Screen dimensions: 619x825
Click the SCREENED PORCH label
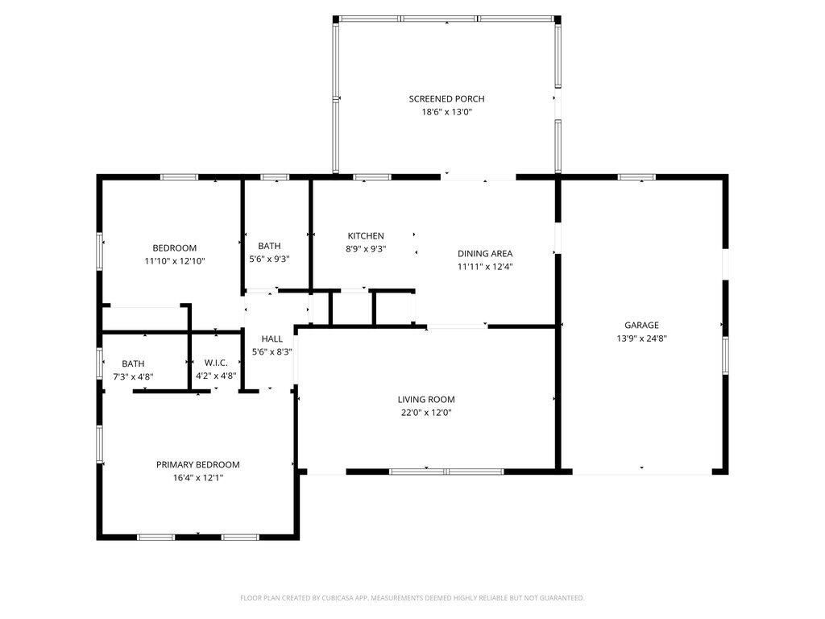(446, 99)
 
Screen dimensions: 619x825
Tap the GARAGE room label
(641, 326)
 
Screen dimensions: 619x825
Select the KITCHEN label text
(366, 236)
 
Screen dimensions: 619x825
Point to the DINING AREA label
(485, 253)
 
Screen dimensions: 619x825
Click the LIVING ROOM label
(425, 400)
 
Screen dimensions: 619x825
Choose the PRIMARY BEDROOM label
(197, 465)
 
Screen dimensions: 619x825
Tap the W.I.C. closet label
(216, 364)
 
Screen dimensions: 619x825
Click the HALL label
(272, 339)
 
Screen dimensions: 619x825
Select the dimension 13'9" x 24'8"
(641, 339)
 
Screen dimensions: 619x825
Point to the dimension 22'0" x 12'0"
(425, 413)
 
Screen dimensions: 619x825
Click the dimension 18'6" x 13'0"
(446, 112)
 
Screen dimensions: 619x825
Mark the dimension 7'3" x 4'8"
(133, 376)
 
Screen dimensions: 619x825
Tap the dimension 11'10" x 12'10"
(175, 261)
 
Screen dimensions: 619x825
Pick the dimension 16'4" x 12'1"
(197, 478)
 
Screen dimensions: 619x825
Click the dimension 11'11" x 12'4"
(485, 266)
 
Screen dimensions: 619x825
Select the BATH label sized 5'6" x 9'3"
(269, 246)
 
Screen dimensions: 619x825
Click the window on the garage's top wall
(636, 177)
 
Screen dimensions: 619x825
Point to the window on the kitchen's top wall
(371, 177)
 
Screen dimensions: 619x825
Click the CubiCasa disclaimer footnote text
(412, 598)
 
